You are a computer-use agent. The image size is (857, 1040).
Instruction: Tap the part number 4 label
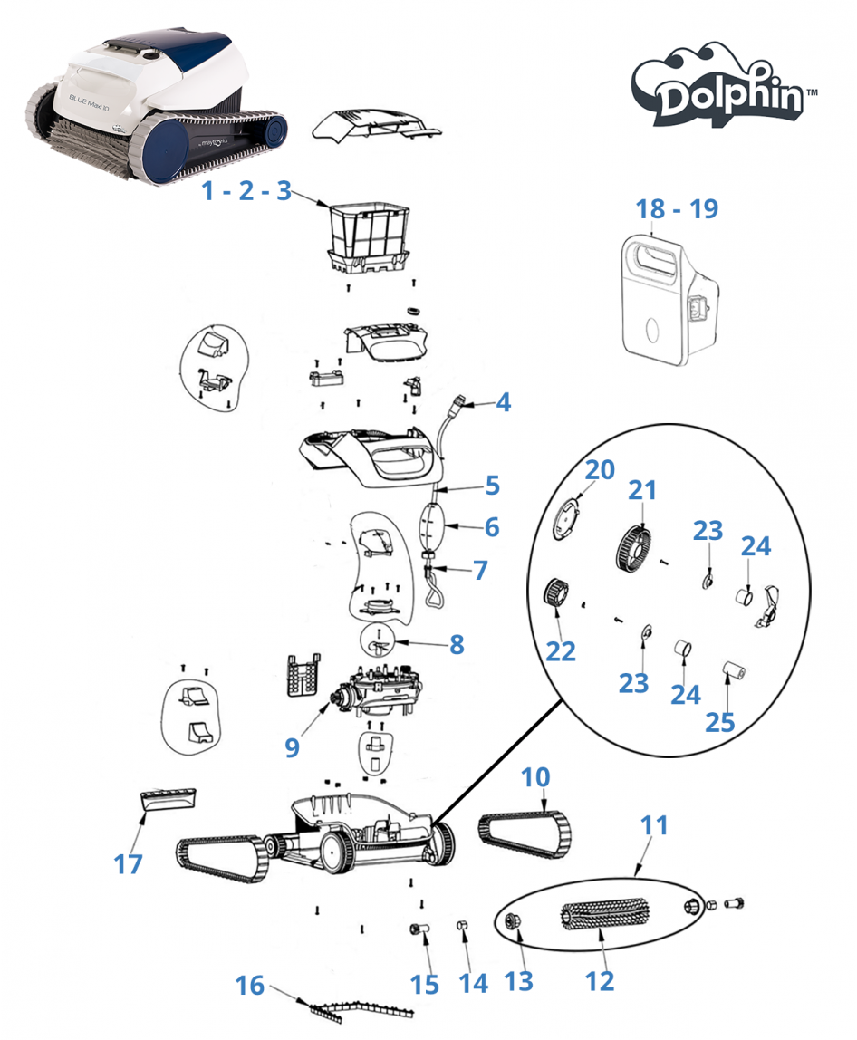coord(502,402)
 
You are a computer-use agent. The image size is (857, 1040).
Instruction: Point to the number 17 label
coord(128,863)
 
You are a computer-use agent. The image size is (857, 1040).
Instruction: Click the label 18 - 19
coord(677,208)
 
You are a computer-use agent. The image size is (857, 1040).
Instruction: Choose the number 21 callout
coord(641,490)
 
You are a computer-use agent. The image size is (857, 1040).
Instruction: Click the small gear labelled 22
coord(555,595)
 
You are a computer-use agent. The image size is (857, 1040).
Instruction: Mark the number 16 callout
coord(250,984)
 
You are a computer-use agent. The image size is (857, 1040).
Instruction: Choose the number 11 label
coord(654,825)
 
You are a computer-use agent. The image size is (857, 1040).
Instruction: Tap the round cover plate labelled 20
coord(565,519)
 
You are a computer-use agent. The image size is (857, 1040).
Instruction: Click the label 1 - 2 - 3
coord(246,191)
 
